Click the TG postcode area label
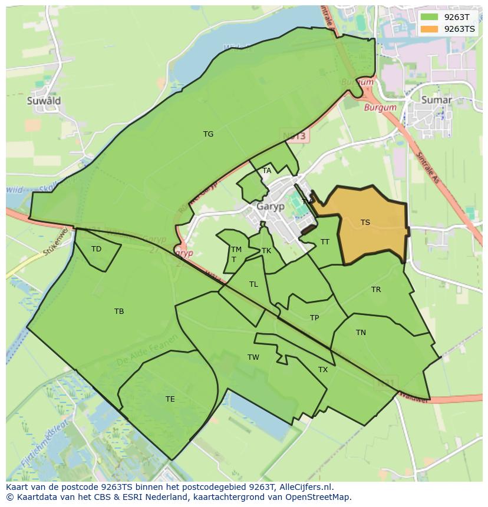[x=208, y=134]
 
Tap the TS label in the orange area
[x=365, y=223]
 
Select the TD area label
[x=96, y=249]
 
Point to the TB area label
[x=119, y=312]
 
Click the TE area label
[x=170, y=399]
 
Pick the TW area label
[x=253, y=357]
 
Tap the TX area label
[x=323, y=370]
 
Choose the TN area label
[x=361, y=333]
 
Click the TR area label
[x=376, y=290]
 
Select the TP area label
[x=314, y=318]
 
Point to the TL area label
[x=253, y=284]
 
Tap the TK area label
[x=266, y=251]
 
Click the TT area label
[x=325, y=242]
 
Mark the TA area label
[x=267, y=171]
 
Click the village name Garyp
[x=271, y=207]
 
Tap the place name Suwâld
[x=44, y=101]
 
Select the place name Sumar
[x=437, y=100]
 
